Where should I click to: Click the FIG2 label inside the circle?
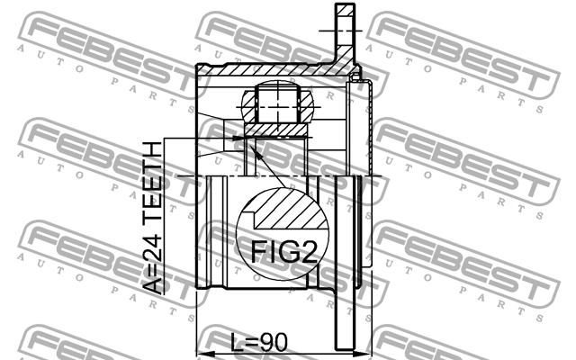pos(283,252)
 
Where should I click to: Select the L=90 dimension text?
pos(259,343)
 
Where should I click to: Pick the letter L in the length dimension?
pos(236,343)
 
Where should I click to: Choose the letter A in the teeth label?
pos(152,286)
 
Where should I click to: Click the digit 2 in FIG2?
pos(309,252)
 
